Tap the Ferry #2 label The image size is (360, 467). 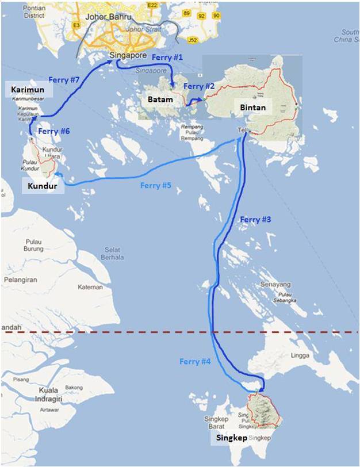[198, 86]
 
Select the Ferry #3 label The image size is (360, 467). [255, 220]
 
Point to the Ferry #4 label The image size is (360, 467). [196, 361]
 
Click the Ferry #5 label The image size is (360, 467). [156, 185]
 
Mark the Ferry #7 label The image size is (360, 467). [64, 80]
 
